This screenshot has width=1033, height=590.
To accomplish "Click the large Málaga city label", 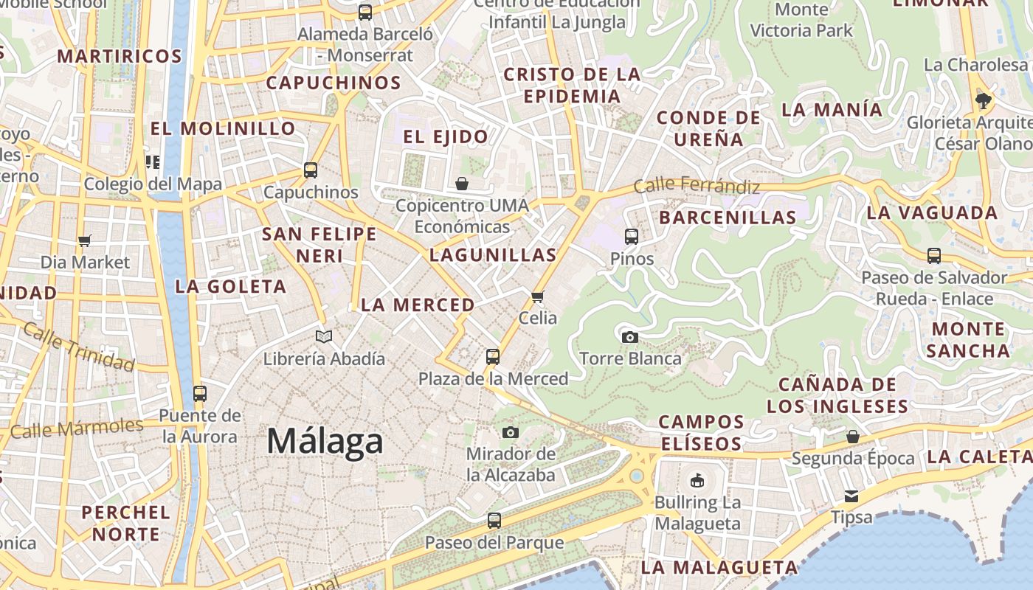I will pos(325,441).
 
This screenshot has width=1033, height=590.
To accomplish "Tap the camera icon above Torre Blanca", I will pos(629,337).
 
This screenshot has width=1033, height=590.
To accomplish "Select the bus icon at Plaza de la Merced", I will pos(492,357).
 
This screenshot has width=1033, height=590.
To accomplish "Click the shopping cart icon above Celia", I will pos(537,296).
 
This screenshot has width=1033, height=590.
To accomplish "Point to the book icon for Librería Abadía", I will pos(324,336).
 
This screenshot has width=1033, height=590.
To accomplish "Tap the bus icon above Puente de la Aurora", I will pos(200,393).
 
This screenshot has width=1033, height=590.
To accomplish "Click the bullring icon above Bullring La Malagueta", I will pos(697,481).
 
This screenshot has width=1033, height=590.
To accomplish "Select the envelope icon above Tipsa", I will pos(851,496).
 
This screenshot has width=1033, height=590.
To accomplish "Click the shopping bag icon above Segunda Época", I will pos(852,437).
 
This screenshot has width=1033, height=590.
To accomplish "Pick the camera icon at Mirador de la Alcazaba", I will pos(510,432).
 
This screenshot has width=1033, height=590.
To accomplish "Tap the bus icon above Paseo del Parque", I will pos(494,521).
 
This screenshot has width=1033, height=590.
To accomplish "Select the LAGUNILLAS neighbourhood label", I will pos(493,255).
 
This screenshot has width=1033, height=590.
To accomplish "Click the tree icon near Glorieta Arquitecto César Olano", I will pos(983,101).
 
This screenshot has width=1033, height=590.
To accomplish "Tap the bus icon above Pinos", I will pos(632,237).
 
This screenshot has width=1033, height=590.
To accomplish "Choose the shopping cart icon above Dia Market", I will pos(84,240).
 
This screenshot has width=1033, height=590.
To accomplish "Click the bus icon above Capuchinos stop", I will pos(311,170).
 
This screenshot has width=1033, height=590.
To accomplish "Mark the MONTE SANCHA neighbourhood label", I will pos(968,339).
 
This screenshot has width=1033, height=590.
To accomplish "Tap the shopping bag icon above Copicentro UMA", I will pos(462,183).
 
